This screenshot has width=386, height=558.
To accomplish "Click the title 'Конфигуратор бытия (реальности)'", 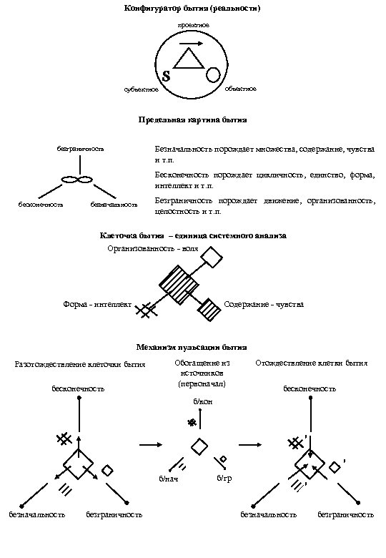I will coord(192,9).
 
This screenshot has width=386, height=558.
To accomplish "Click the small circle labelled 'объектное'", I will coord(213,74).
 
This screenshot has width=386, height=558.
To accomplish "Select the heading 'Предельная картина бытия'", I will coord(192,119).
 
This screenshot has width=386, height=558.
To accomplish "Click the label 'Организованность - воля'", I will coord(153,248).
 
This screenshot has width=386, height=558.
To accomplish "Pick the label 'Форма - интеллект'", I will coord(97,305).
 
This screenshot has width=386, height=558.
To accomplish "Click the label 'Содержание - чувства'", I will coord(263,305).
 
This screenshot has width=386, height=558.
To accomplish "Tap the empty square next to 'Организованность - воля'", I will coord(212,257).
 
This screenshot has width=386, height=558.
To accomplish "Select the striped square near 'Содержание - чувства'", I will coord(209,309).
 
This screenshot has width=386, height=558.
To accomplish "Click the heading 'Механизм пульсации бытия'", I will coord(192,347).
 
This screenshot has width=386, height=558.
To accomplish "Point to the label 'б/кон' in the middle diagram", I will coord(202,402).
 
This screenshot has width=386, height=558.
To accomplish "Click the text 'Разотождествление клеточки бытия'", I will coord(80,364).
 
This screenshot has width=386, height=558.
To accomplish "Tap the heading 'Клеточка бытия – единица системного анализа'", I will coord(192,235).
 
